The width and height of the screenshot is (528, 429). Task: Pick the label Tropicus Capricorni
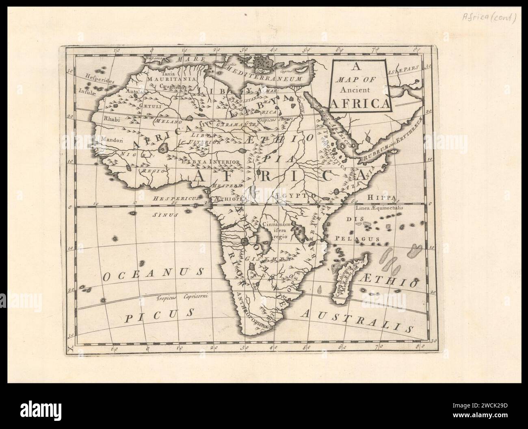tap(182, 297)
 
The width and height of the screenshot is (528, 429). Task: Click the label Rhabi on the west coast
tap(110, 119)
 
